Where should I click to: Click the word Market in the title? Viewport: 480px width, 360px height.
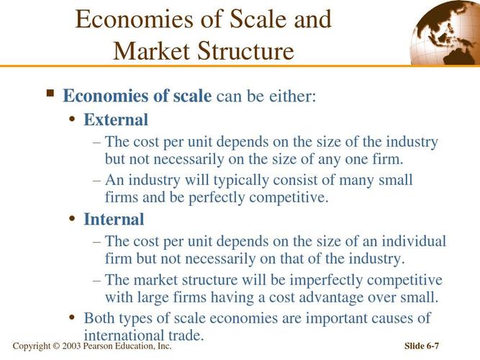pyautogui.click(x=153, y=51)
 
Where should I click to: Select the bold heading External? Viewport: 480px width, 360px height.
pyautogui.click(x=116, y=120)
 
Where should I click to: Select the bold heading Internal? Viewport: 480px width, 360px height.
pyautogui.click(x=114, y=219)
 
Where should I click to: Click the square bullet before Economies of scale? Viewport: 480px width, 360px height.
pyautogui.click(x=50, y=94)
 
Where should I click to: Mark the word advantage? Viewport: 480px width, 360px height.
pyautogui.click(x=336, y=297)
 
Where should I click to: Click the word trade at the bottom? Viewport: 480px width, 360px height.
pyautogui.click(x=184, y=335)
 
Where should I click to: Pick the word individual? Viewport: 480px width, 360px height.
pyautogui.click(x=412, y=241)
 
